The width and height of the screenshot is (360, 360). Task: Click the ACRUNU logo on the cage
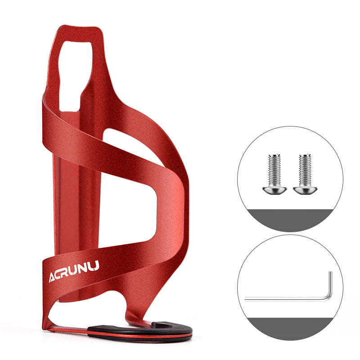click(x=74, y=271)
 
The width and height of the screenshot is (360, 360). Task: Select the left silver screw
click(x=274, y=174)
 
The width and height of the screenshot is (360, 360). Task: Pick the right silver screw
click(x=305, y=174)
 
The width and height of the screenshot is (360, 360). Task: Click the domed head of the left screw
click(x=274, y=190)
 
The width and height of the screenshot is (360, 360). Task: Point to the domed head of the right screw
click(x=305, y=190)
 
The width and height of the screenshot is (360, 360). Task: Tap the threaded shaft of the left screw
click(x=274, y=170)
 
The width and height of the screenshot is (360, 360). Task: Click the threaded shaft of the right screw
click(x=305, y=170)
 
